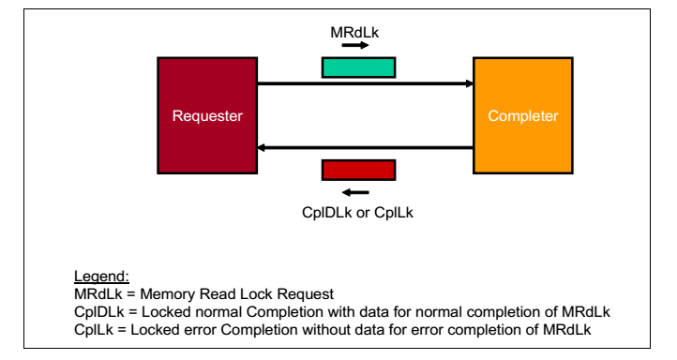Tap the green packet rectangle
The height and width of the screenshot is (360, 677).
click(358, 67)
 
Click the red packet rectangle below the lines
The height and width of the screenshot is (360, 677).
click(358, 170)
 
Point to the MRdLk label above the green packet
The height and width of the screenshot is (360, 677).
click(354, 33)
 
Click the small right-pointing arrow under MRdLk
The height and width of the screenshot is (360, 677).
click(354, 45)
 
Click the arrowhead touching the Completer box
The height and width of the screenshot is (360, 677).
click(468, 83)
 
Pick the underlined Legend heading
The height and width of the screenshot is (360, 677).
click(100, 277)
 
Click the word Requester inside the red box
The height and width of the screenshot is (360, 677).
click(207, 116)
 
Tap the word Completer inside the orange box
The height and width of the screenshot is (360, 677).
click(522, 116)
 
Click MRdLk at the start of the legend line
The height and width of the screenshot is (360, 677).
click(95, 293)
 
